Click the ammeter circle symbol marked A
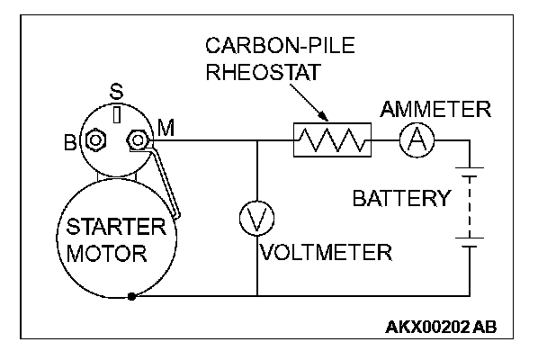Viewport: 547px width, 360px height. point(417,140)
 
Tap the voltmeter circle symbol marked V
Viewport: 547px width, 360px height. point(257,219)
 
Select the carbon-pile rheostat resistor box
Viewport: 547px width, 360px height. point(332,139)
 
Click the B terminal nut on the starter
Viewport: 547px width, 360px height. point(95,140)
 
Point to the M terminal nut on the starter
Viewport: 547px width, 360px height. point(139,140)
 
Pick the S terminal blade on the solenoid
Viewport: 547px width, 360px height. point(117,114)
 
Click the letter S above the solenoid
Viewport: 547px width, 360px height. point(117,92)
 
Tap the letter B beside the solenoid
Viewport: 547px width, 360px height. point(70,143)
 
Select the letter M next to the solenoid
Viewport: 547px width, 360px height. point(166,128)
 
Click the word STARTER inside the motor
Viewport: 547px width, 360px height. point(116,227)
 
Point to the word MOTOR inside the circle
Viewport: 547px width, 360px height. point(106,254)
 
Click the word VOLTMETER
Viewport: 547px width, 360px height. point(327,252)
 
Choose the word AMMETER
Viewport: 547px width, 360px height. point(435,109)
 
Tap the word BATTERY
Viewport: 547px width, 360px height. point(402,198)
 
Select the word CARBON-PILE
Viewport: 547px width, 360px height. point(280,45)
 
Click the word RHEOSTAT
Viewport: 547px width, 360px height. point(264,72)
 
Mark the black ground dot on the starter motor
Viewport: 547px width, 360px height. point(131,296)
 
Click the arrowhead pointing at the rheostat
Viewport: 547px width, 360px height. point(324,116)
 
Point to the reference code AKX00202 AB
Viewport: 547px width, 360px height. point(441,328)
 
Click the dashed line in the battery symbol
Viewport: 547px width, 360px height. point(470,207)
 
